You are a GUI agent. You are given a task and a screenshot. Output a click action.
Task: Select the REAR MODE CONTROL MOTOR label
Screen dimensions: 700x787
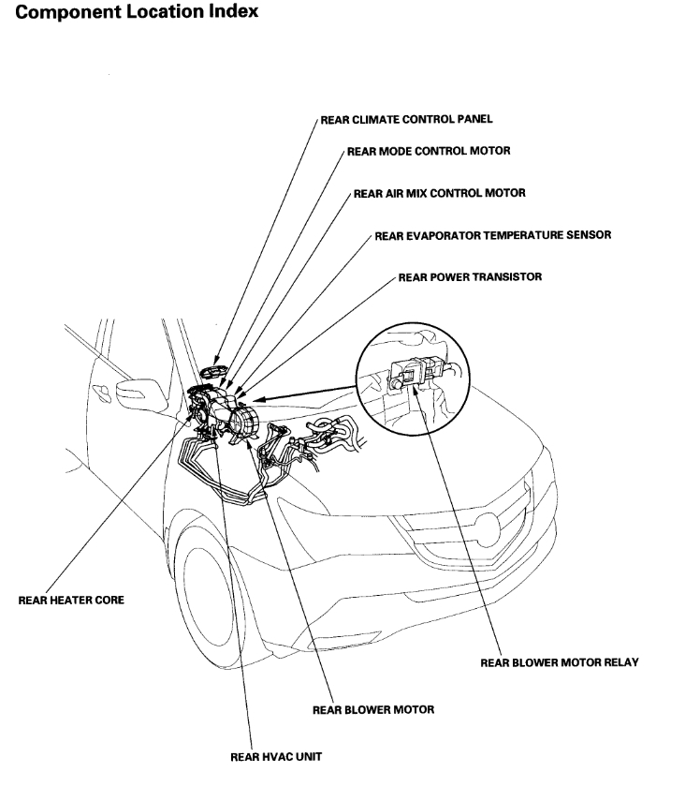coord(429,150)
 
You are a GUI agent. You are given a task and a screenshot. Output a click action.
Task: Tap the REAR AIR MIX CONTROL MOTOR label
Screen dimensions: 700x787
coord(439,193)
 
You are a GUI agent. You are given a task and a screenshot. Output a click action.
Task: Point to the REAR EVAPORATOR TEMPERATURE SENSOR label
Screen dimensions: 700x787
coord(492,235)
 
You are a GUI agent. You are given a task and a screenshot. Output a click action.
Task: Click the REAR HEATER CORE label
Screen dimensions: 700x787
coord(71,601)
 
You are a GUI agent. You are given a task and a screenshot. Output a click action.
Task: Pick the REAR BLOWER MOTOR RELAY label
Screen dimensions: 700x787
coord(560,662)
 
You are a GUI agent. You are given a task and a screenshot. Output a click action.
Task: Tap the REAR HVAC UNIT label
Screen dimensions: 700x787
coord(276,755)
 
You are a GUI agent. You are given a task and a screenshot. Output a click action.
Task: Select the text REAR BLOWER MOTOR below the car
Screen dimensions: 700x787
coord(372,709)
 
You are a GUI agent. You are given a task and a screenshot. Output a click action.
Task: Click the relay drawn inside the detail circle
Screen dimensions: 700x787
coord(411,374)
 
